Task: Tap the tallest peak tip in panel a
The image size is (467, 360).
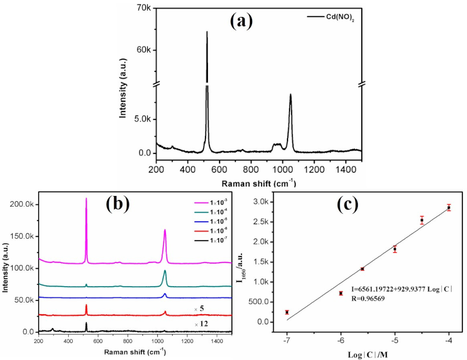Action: pyautogui.click(x=207, y=32)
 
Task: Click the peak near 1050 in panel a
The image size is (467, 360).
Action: pyautogui.click(x=290, y=95)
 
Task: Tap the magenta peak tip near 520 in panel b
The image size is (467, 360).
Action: pyautogui.click(x=86, y=199)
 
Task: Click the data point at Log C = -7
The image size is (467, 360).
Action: pyautogui.click(x=287, y=312)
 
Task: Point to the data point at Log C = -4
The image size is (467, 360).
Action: pyautogui.click(x=449, y=207)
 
